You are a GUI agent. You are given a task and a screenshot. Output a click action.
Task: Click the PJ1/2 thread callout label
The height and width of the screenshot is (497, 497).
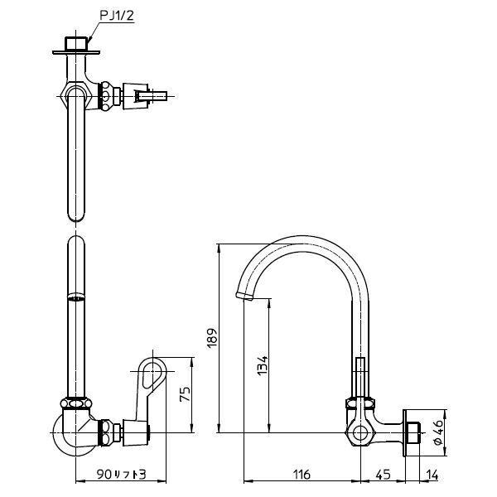click(117, 16)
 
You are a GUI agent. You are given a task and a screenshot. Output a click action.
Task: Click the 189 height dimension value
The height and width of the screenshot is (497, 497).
click(212, 338)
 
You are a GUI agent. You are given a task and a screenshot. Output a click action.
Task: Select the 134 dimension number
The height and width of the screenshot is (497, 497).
click(262, 366)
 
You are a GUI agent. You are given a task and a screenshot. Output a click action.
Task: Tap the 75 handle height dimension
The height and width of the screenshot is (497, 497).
click(185, 394)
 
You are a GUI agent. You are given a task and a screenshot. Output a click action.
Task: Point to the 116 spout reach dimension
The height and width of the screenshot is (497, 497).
click(302, 475)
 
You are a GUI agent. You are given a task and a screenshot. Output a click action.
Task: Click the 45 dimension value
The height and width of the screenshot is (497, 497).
click(383, 475)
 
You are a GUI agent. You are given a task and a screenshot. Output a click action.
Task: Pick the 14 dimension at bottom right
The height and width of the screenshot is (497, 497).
click(432, 475)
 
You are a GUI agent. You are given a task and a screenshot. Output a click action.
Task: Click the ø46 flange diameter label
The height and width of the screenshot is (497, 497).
click(438, 432)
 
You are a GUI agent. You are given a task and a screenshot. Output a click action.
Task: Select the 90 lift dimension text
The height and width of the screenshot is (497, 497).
click(121, 475)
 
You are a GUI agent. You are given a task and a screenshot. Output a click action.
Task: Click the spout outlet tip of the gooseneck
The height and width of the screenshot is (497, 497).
click(244, 296)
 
